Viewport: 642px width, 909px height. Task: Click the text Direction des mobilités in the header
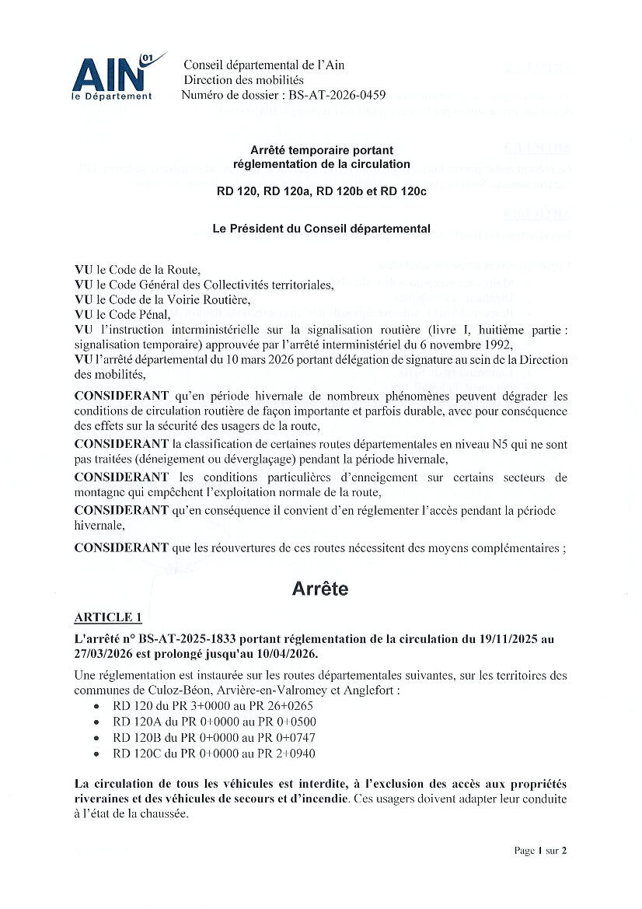pyautogui.click(x=243, y=80)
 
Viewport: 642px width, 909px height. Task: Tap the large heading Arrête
pyautogui.click(x=320, y=589)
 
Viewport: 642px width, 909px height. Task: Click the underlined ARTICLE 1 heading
pyautogui.click(x=108, y=617)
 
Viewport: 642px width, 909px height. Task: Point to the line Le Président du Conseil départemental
pyautogui.click(x=321, y=229)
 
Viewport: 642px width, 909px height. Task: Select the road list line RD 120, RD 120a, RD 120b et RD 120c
pyautogui.click(x=321, y=192)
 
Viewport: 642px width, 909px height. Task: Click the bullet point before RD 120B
pyautogui.click(x=95, y=738)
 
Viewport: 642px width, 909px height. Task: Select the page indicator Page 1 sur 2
pyautogui.click(x=540, y=851)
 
